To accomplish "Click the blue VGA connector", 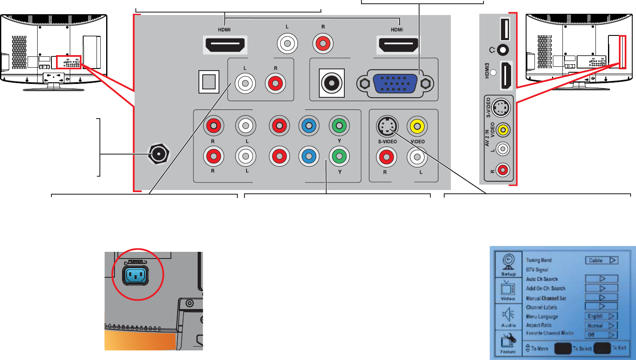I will pos(395,84).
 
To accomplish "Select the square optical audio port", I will pos(209,81).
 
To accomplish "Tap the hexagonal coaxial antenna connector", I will pos(158,154).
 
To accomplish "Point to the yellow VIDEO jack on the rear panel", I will pos(417,126).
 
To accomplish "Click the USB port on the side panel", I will pos(505,29).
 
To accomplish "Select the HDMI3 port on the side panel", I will pos(506,76).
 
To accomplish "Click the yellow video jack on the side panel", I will pos(504,130).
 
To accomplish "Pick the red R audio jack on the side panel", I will pos(503,170).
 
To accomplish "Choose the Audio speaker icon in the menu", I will pos(509,316).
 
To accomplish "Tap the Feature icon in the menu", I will pos(509,342).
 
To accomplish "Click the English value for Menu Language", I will pos(601,316).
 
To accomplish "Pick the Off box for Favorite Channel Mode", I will pos(601,335).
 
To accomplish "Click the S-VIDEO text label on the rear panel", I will pos(387,142).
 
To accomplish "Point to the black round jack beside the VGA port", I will pos(332,83).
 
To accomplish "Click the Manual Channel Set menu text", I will pos(546,298).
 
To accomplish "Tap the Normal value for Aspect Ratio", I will pos(601,325).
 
